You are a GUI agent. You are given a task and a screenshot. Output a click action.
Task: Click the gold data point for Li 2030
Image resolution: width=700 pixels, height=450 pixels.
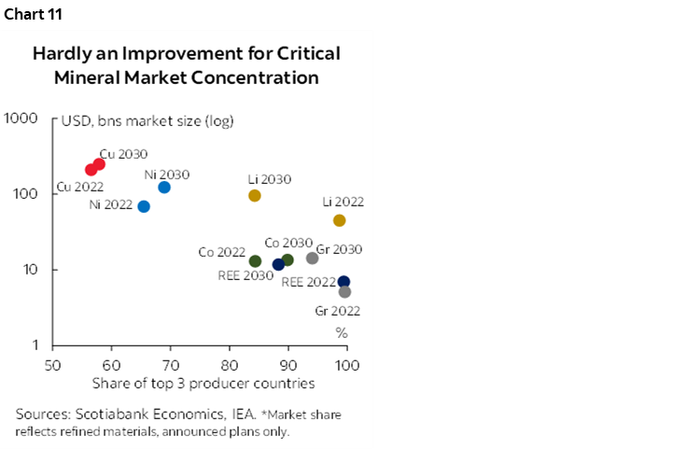coord(255,196)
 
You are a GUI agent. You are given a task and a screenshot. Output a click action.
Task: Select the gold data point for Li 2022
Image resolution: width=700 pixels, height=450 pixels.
coord(340,220)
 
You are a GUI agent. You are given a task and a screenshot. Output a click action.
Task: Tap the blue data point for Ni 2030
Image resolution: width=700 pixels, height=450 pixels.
coord(164,188)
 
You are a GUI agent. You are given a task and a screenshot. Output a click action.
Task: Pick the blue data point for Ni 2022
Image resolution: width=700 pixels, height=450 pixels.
coord(144,206)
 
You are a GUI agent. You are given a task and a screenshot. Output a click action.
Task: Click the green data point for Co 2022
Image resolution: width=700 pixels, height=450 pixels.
coord(256,261)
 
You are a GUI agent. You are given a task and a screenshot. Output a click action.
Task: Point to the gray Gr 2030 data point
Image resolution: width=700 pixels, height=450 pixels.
coord(313,259)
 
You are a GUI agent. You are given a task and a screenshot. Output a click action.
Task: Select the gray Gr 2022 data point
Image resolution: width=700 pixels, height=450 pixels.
coord(344,292)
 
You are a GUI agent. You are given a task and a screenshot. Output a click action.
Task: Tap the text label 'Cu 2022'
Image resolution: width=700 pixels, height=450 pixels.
coord(79,187)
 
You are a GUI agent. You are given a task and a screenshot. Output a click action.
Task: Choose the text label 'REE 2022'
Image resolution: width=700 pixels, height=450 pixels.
coord(308,281)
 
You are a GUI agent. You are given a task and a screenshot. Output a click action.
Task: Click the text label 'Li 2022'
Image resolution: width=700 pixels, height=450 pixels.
coord(343,202)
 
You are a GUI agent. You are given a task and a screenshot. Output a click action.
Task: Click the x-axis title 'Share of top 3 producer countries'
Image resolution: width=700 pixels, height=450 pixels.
coord(203,383)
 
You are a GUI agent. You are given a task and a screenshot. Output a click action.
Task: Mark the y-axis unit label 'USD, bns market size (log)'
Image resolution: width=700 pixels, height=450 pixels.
coord(147,120)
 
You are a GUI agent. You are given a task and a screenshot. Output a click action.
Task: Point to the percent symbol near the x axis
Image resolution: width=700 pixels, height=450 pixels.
coord(342,332)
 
